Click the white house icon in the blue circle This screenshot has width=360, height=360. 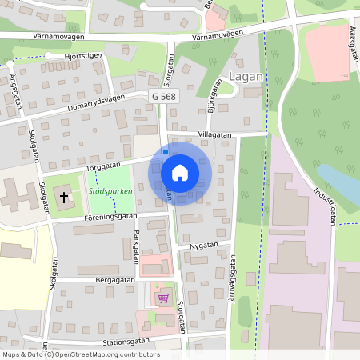(x=180, y=172)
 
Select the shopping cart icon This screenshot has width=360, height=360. (x=164, y=298)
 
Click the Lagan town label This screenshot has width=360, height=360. (x=244, y=77)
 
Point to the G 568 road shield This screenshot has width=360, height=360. (x=163, y=96)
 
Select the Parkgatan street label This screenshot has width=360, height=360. (x=137, y=246)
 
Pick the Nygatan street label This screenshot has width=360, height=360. (x=205, y=245)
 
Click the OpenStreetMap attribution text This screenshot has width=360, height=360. (x=80, y=354)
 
